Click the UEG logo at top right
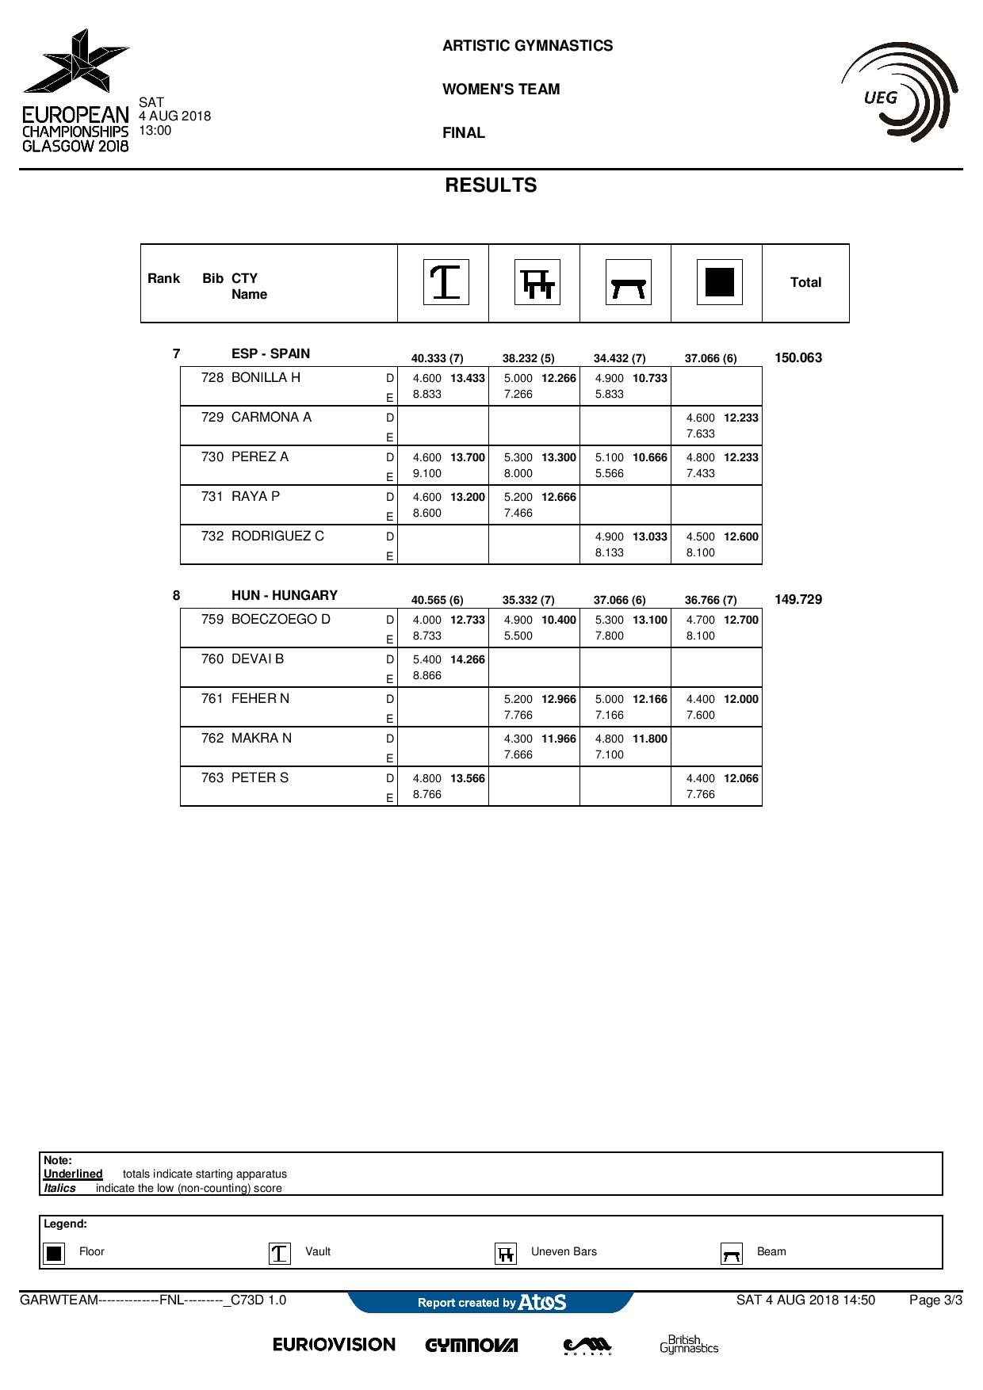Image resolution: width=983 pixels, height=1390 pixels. click(900, 93)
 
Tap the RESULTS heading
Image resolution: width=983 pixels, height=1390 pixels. click(491, 185)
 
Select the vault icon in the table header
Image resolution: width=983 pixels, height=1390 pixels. click(446, 282)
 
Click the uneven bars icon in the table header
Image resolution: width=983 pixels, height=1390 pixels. click(537, 282)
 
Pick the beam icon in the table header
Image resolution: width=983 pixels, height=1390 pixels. click(629, 282)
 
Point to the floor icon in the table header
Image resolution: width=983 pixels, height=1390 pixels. click(720, 282)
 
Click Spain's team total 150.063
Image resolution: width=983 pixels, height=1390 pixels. click(798, 358)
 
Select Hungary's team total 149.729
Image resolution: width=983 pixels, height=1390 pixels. click(798, 600)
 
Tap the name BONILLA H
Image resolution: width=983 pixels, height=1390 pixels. click(266, 378)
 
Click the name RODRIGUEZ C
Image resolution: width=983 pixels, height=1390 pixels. click(277, 537)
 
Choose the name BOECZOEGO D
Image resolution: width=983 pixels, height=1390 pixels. click(281, 620)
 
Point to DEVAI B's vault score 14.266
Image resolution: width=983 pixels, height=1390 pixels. click(468, 659)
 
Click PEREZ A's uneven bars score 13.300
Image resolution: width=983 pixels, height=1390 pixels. click(559, 458)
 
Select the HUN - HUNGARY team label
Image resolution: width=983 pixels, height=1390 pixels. click(285, 596)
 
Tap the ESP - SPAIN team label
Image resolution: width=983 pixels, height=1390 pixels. click(271, 354)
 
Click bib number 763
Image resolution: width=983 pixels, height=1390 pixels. click(212, 778)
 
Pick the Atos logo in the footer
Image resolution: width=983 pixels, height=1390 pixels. click(542, 1302)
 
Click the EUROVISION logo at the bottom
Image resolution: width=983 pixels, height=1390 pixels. click(334, 1345)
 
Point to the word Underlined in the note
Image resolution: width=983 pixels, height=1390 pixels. click(73, 1174)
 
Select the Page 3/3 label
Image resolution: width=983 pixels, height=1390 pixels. click(935, 1300)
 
